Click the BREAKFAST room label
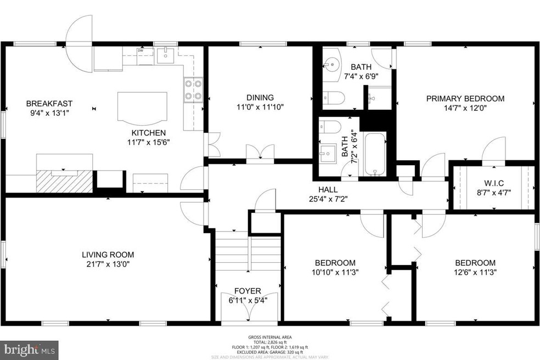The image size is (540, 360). coord(49,103)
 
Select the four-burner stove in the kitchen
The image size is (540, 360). coord(193,90)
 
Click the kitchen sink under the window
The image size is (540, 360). coord(165,55)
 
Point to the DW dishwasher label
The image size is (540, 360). coord(140,50)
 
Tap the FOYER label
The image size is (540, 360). coord(248,291)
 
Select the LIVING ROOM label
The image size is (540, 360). coord(108,255)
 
